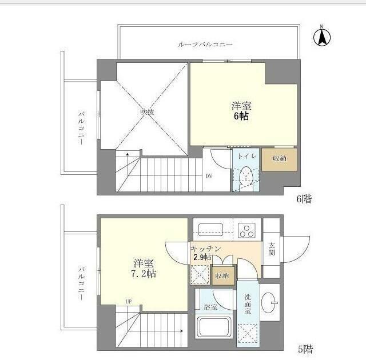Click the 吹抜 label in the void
click(147, 112)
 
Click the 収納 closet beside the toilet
click(280, 159)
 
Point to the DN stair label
click(209, 175)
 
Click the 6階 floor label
click(303, 200)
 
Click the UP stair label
click(129, 302)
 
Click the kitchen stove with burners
click(249, 230)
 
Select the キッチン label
click(205, 249)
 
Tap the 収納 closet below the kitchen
click(221, 275)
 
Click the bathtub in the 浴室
click(213, 331)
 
